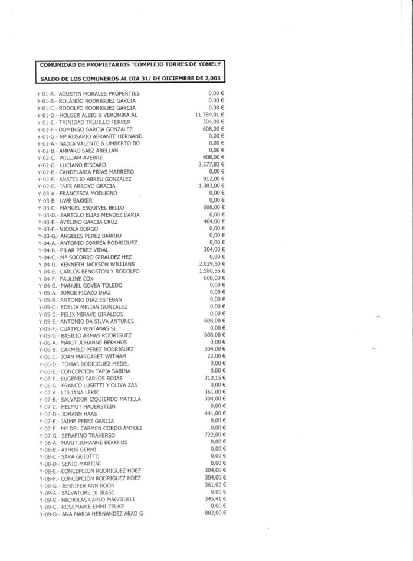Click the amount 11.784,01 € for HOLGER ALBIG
(x=210, y=115)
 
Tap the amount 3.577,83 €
(x=211, y=164)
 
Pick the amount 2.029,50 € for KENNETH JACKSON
(x=211, y=264)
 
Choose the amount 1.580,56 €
(x=211, y=271)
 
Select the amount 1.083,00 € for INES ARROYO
(x=212, y=185)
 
